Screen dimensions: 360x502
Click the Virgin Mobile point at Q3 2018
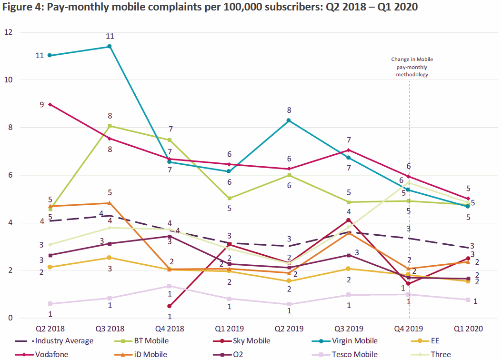[x=110, y=46]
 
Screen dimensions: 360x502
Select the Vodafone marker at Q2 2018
[x=50, y=104]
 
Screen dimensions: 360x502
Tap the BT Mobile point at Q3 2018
[x=110, y=126]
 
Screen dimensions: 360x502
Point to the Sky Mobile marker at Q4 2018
[x=170, y=306]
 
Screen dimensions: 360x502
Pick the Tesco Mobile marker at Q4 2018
[x=170, y=286]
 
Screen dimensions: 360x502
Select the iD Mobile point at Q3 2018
[x=110, y=203]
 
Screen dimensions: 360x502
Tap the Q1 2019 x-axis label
[x=230, y=329]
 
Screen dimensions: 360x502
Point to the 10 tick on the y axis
[x=9, y=80]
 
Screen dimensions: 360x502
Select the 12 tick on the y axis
[x=9, y=32]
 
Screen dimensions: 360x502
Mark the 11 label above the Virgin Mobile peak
[x=110, y=36]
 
